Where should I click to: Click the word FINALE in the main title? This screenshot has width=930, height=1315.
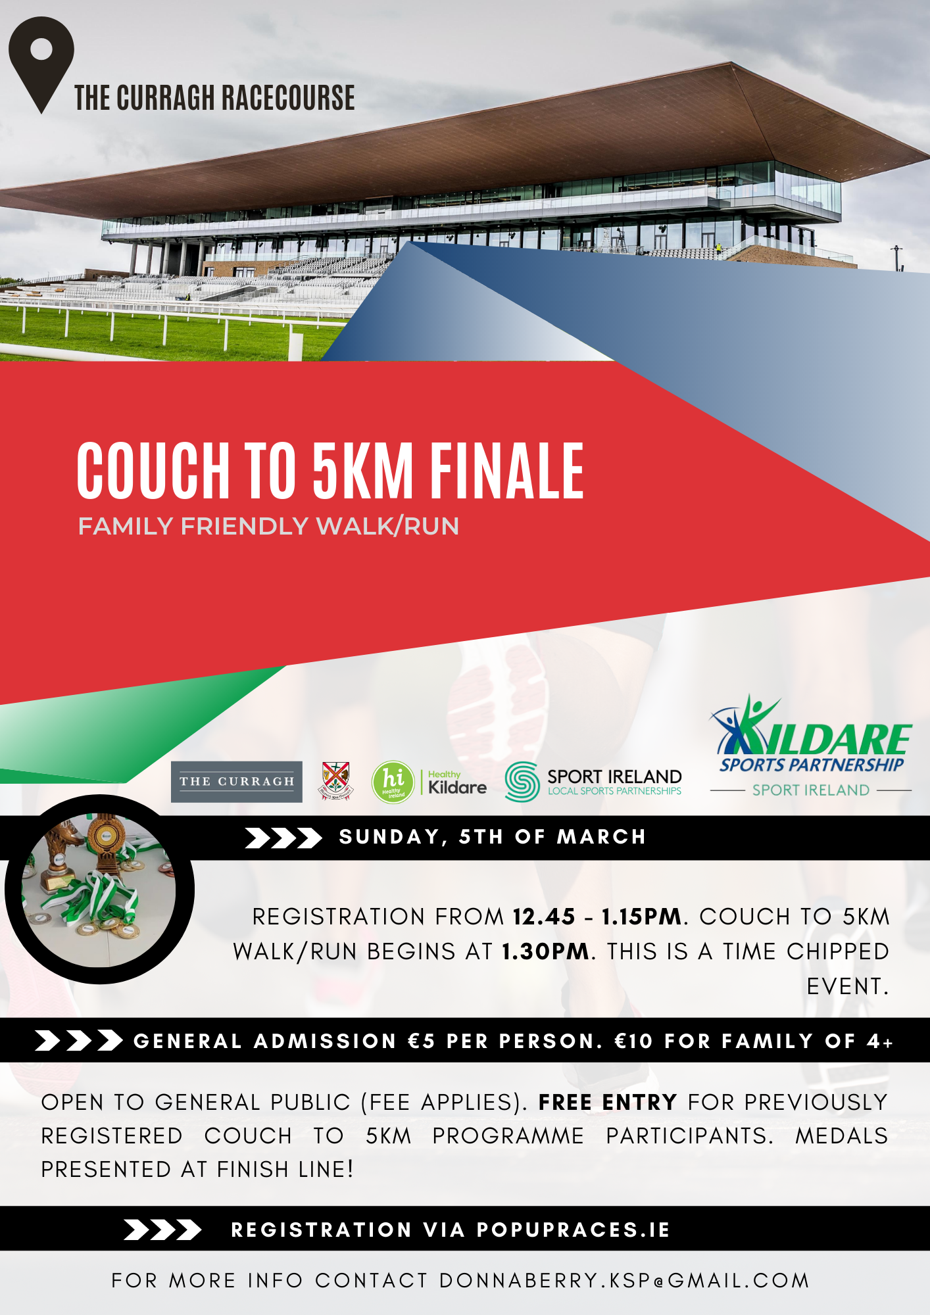click(x=506, y=470)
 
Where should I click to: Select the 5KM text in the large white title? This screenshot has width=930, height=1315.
click(x=362, y=470)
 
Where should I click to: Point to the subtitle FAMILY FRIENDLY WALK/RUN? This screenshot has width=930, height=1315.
click(x=268, y=527)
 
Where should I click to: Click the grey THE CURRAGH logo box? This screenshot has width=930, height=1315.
click(x=236, y=782)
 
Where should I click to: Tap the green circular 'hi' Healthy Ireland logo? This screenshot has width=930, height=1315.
click(x=393, y=782)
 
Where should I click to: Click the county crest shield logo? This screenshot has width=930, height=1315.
click(x=335, y=780)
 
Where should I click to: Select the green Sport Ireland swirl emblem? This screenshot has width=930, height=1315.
click(x=522, y=782)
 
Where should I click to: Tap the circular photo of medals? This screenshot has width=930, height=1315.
click(x=99, y=890)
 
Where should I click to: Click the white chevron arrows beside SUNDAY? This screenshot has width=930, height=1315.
click(x=283, y=838)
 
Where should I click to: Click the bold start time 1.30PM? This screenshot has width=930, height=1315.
click(x=545, y=951)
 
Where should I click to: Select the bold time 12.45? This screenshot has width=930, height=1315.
click(x=544, y=917)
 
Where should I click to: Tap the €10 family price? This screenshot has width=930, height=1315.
click(x=633, y=1041)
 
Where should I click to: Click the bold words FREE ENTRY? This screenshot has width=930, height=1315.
click(x=607, y=1102)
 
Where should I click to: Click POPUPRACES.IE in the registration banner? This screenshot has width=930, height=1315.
click(x=573, y=1230)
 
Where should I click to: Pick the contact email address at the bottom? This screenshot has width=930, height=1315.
click(x=624, y=1281)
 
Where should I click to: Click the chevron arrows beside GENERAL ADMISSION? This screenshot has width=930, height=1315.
click(x=79, y=1041)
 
